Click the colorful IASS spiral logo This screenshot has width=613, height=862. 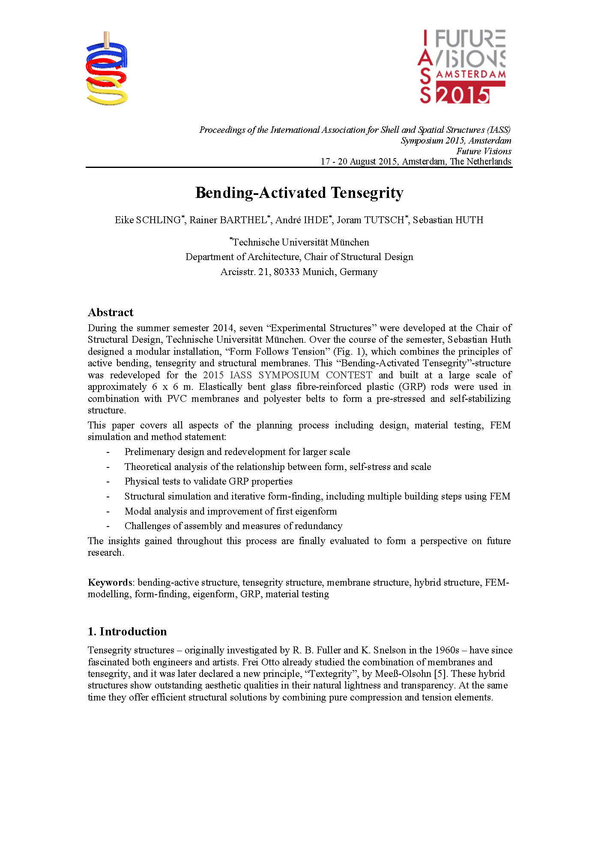(x=107, y=69)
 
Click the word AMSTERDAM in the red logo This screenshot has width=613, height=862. (x=470, y=74)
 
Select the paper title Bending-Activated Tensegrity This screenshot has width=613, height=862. (x=299, y=193)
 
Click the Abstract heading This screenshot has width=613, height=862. (x=111, y=312)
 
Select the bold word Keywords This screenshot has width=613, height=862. (x=110, y=583)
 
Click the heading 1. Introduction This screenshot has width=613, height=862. (x=127, y=632)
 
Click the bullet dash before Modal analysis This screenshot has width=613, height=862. (x=108, y=512)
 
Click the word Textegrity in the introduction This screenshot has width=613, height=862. (x=331, y=674)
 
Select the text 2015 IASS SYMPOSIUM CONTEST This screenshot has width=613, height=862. (x=287, y=375)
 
